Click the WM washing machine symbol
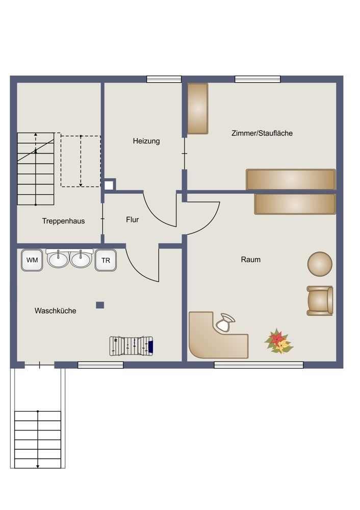coord(32,260)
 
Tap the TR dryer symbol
coord(106,260)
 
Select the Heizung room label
coord(146,141)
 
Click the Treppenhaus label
coord(63,221)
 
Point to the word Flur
coord(133,220)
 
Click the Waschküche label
coord(55,311)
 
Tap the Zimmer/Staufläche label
coord(262,133)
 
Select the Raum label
coord(251,260)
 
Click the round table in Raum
coord(320,264)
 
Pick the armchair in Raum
coord(320,301)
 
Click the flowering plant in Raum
coord(279,341)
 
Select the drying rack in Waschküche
coord(132,346)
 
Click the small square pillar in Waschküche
coord(100,305)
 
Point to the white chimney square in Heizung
coord(109,186)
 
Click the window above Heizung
coord(164,79)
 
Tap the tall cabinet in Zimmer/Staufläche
coord(198,109)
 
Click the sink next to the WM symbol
coord(58,259)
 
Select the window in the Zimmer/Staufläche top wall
coord(258,79)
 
